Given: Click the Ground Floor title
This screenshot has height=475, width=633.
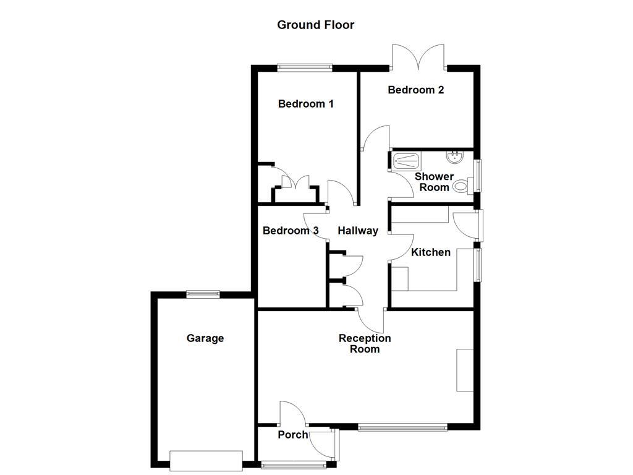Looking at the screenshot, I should tap(315, 25).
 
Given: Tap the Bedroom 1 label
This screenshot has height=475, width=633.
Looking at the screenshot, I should tap(305, 104).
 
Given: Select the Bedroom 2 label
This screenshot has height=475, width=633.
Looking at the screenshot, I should tap(415, 90).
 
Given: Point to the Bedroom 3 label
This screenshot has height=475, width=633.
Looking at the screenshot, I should tap(291, 231).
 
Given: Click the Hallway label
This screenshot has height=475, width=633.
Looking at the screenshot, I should tap(357, 231).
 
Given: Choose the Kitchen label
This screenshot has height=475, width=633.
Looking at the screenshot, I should tap(431, 252).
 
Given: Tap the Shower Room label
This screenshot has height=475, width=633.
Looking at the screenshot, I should tap(434, 182).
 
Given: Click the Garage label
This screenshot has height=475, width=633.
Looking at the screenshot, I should tap(205, 338).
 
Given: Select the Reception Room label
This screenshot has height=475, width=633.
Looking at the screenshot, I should tap(365, 343).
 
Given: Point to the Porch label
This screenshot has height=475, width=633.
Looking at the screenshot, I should tap(292, 435).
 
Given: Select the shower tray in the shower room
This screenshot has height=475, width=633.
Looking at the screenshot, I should tap(407, 162).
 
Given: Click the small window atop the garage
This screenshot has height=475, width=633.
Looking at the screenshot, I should tap(203, 294).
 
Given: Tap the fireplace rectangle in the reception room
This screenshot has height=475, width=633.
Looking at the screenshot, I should tap(464, 370).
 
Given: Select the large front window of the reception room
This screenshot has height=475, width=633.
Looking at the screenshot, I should tap(402, 426).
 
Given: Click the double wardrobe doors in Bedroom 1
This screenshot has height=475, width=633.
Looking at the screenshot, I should tap(295, 183).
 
